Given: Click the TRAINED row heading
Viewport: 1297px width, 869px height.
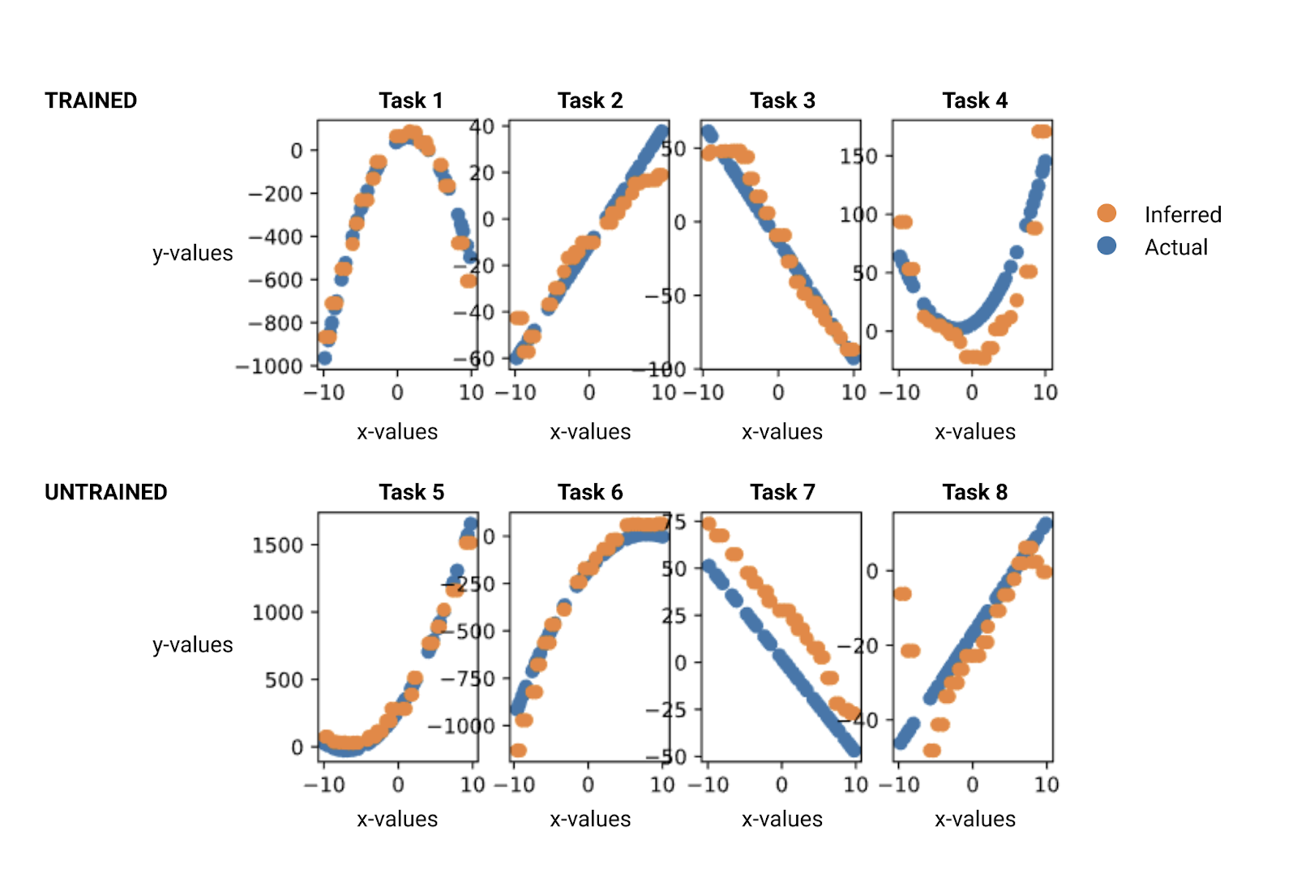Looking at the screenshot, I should pyautogui.click(x=91, y=101).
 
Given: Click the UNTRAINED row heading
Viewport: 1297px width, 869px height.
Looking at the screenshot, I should pyautogui.click(x=105, y=492).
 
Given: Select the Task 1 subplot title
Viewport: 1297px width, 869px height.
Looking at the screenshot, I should pyautogui.click(x=411, y=101).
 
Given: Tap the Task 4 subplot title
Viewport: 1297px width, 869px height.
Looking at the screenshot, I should pyautogui.click(x=974, y=101).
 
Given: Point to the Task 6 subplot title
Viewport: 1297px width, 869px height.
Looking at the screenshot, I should pyautogui.click(x=590, y=492).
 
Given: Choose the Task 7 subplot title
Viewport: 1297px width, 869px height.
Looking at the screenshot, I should pyautogui.click(x=782, y=492).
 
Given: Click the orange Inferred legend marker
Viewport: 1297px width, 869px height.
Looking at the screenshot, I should pyautogui.click(x=1107, y=213).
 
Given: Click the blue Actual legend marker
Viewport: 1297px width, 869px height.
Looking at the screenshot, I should pyautogui.click(x=1107, y=246).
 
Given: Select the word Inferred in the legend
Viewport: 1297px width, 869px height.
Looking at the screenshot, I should pyautogui.click(x=1183, y=215).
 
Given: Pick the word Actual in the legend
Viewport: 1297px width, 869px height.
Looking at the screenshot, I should pyautogui.click(x=1176, y=247).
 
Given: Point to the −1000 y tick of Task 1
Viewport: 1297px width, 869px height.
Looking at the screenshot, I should pyautogui.click(x=269, y=366).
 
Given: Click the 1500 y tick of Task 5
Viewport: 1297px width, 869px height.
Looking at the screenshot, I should pyautogui.click(x=278, y=545).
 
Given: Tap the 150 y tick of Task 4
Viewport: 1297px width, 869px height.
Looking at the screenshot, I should pyautogui.click(x=859, y=156).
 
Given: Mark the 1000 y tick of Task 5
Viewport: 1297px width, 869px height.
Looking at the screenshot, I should pyautogui.click(x=278, y=612).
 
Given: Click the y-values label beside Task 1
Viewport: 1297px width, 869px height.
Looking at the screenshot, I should pyautogui.click(x=193, y=254).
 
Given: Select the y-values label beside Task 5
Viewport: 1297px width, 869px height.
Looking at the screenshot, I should pyautogui.click(x=193, y=645).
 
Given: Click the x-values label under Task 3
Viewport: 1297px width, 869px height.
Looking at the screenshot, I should pyautogui.click(x=782, y=432).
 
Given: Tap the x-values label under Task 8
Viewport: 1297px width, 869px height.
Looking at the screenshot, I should pyautogui.click(x=974, y=820).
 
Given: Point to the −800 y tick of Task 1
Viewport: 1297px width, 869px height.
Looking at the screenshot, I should pyautogui.click(x=276, y=323).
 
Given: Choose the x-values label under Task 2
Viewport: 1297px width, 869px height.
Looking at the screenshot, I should pyautogui.click(x=590, y=432).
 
